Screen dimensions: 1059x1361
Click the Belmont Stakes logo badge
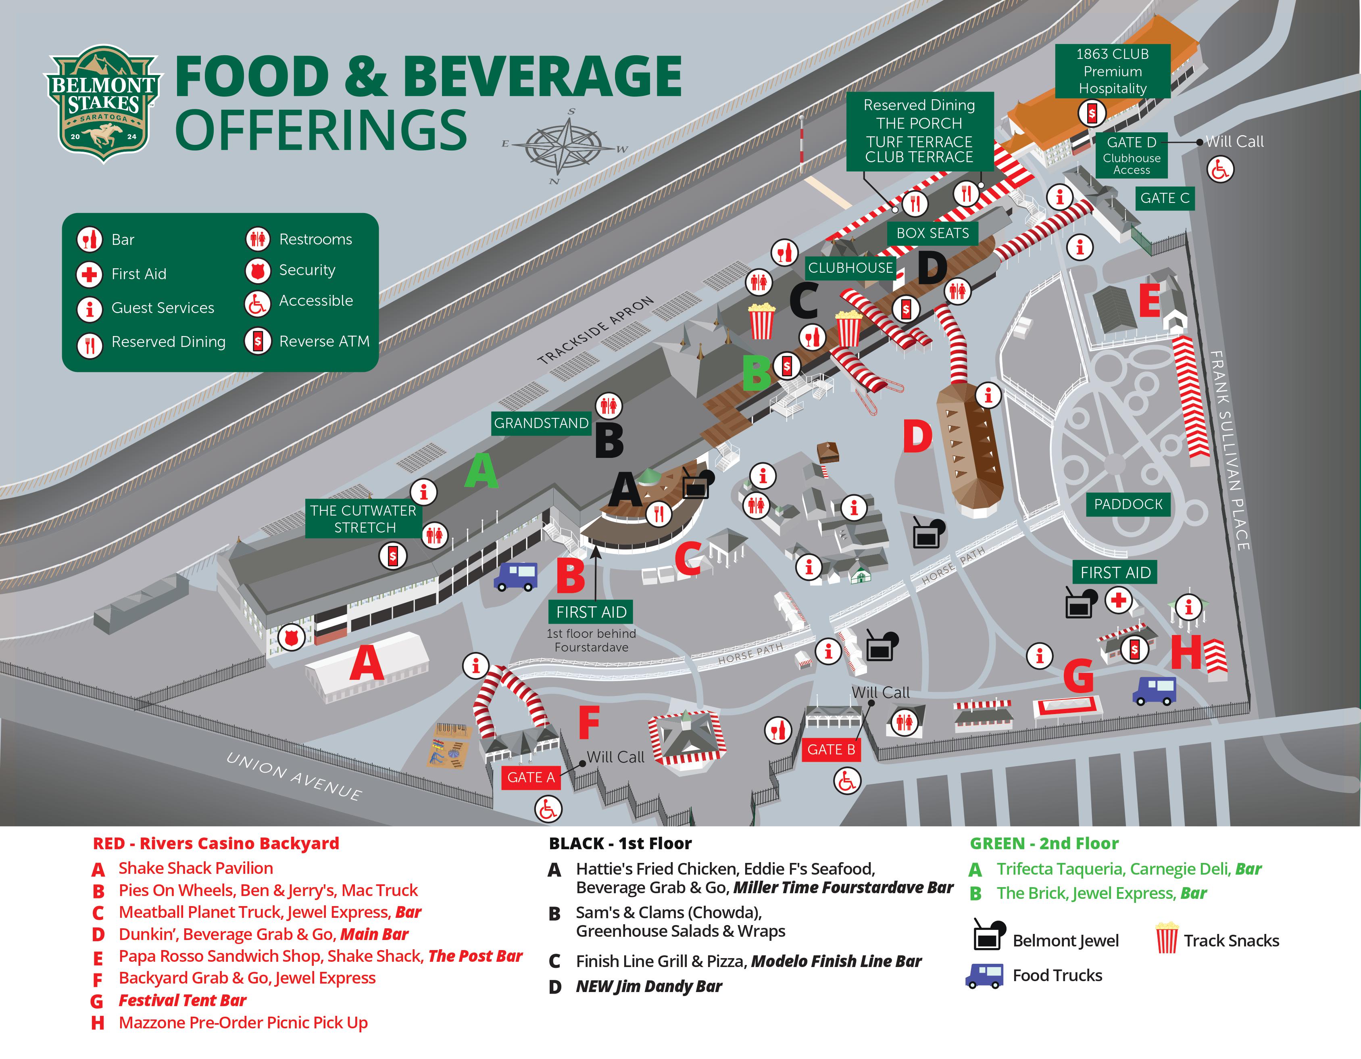point(103,103)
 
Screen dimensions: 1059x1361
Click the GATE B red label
point(831,750)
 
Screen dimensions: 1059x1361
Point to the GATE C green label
point(1164,198)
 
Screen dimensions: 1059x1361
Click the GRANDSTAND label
point(540,423)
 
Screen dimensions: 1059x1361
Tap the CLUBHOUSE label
point(850,268)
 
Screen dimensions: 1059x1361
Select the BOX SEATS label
point(932,233)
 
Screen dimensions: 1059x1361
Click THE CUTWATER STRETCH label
point(364,518)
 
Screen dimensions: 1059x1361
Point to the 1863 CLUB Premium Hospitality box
point(1112,71)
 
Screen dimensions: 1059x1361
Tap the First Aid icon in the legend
point(89,274)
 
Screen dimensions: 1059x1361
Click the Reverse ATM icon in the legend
point(257,342)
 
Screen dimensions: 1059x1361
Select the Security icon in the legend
point(257,271)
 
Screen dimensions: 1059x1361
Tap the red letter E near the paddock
point(1149,301)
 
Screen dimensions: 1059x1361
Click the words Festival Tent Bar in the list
point(183,1001)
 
